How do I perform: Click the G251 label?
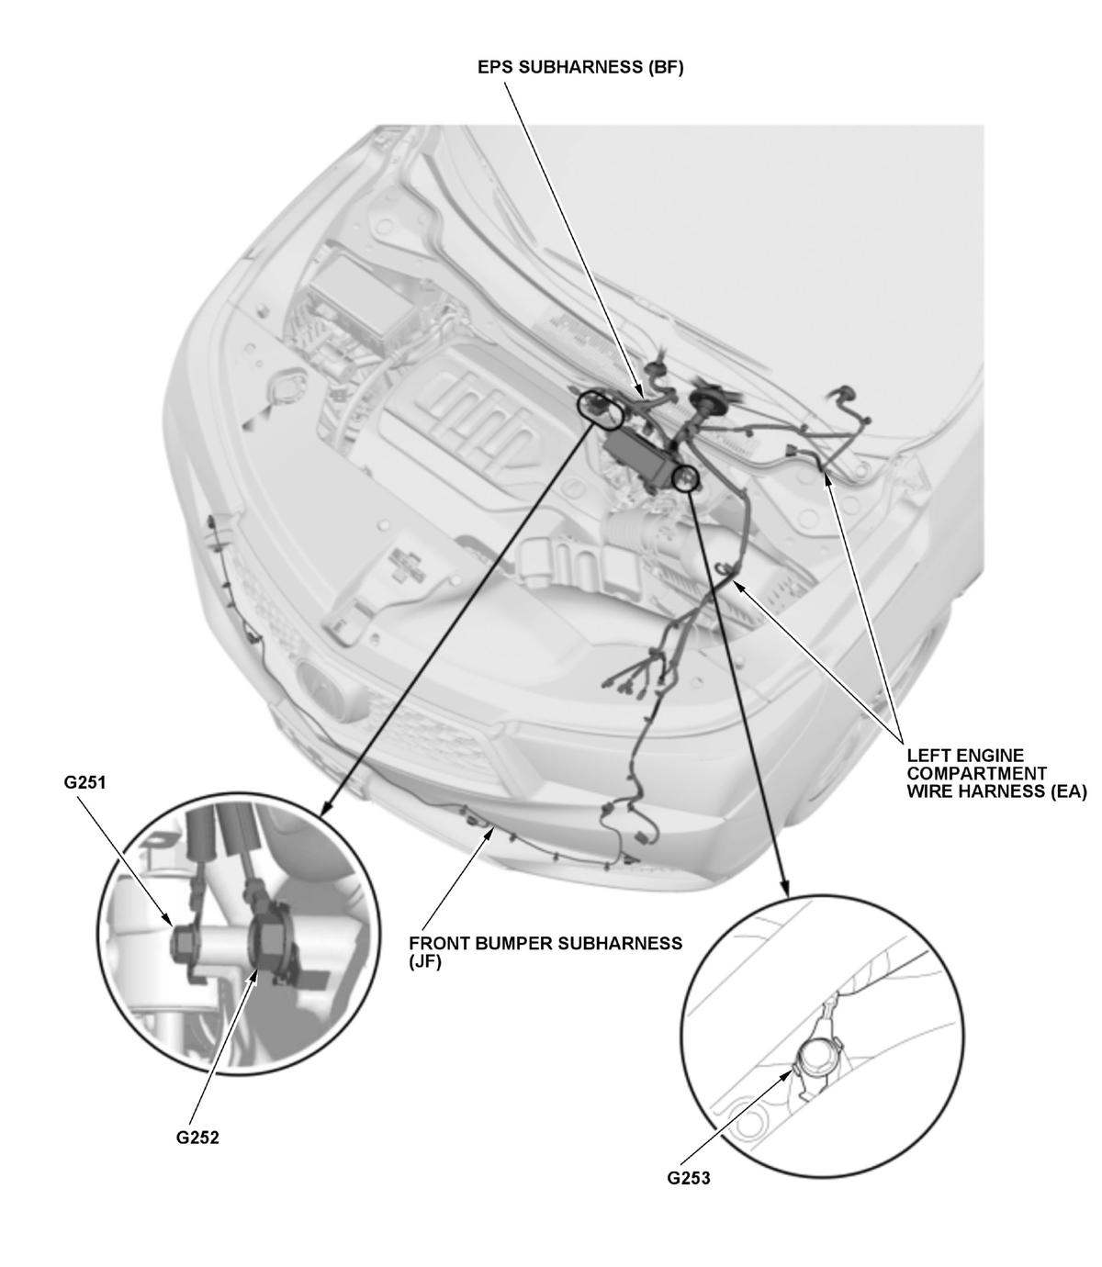point(84,783)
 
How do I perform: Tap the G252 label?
point(197,1138)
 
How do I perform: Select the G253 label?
point(688,1178)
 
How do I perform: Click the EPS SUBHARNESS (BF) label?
point(580,68)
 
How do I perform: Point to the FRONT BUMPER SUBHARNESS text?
point(545,943)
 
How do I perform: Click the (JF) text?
point(425,961)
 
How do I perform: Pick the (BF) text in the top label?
point(666,68)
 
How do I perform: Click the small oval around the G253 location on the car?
point(686,478)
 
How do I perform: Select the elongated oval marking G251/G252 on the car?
point(600,409)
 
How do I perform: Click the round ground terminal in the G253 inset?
point(816,1055)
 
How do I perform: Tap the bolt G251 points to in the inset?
point(184,945)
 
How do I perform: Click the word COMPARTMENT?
point(976,773)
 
